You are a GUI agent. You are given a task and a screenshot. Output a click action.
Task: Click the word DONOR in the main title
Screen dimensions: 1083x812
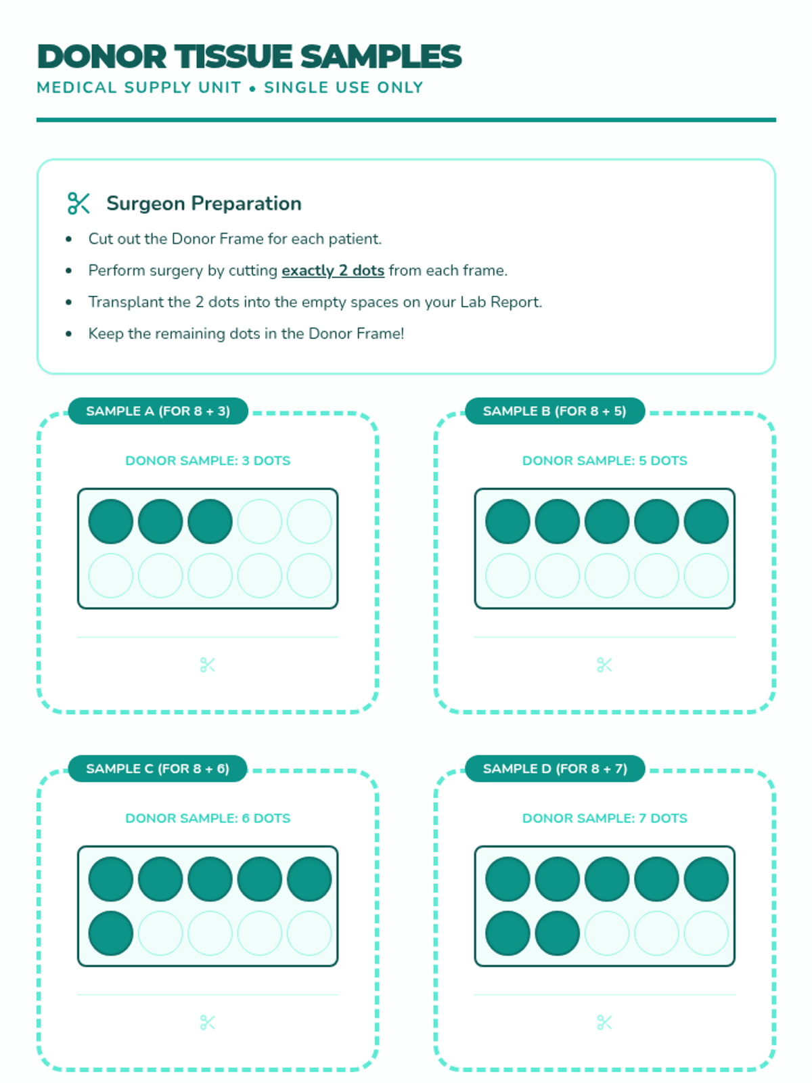pos(101,57)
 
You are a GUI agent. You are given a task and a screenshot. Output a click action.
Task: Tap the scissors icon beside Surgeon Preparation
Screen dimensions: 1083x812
pos(78,203)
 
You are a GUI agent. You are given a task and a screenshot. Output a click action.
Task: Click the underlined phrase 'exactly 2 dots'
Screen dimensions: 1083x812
pos(333,271)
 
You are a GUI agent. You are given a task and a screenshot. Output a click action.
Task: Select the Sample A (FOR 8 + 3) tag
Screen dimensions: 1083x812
pos(158,411)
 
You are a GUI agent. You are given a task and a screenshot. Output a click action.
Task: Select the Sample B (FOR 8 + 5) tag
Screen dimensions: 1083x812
pos(555,411)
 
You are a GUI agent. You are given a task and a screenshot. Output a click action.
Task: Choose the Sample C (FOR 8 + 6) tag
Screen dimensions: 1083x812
pos(158,769)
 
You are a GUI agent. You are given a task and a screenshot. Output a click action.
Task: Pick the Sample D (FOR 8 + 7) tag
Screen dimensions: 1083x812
pos(555,769)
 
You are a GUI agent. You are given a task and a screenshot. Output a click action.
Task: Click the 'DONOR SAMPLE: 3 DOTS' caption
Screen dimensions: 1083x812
pos(208,461)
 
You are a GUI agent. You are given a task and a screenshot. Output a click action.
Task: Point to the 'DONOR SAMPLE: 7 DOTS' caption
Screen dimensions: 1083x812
pos(604,818)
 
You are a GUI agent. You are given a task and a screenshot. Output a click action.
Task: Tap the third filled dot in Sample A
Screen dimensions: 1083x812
pos(210,522)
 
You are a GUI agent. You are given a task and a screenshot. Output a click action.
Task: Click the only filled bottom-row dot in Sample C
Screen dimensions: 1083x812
pos(111,933)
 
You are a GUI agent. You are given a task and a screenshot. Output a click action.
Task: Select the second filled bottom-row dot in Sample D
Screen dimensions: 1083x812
pos(558,933)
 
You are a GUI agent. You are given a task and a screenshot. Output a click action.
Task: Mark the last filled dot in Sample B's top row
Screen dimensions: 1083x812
pos(706,522)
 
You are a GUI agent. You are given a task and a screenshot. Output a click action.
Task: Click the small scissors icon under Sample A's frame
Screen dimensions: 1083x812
pos(208,665)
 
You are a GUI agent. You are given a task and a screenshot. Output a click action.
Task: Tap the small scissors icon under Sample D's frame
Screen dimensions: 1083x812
pos(604,1023)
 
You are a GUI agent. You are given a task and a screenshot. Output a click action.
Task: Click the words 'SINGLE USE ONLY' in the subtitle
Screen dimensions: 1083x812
pos(344,88)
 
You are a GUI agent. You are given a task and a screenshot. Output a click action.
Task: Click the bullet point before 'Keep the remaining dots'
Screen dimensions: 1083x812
pos(69,334)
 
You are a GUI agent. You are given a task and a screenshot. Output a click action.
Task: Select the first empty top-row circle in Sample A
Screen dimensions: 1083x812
pos(260,522)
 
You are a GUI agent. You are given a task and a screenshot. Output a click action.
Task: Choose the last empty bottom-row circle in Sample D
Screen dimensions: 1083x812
pos(706,933)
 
